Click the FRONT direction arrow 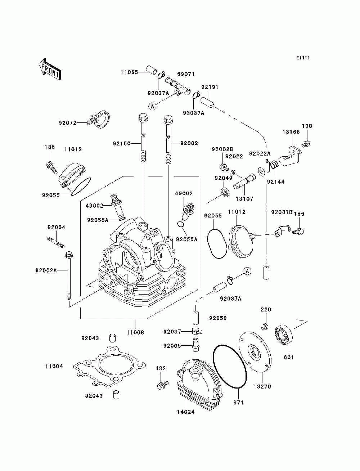49,69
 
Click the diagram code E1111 303,58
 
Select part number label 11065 129,72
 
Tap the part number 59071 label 186,74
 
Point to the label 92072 68,123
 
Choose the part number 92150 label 122,143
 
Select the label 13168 291,132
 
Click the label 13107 244,199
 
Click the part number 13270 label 262,386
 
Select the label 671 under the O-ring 238,403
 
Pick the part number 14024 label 186,412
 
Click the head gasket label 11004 54,366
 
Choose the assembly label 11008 135,332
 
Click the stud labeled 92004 56,242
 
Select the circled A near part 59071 152,106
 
